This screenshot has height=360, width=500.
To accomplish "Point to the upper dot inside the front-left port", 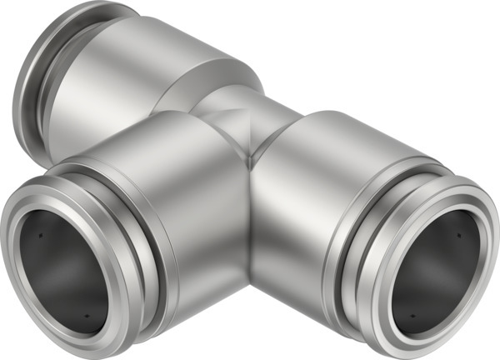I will click(x=40, y=236).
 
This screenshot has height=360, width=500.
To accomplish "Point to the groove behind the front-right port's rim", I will click(x=350, y=242).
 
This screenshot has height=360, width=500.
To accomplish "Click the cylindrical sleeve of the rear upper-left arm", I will click(x=125, y=75).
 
